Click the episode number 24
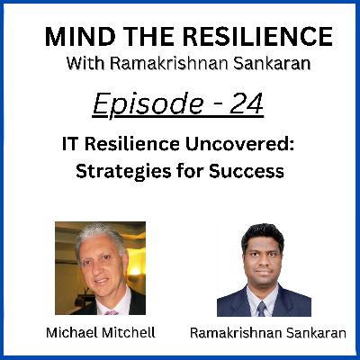(247, 103)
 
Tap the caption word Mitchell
(129, 332)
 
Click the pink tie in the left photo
(112, 312)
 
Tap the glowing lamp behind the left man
(135, 270)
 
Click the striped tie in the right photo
(262, 308)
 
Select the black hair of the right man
(263, 236)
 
